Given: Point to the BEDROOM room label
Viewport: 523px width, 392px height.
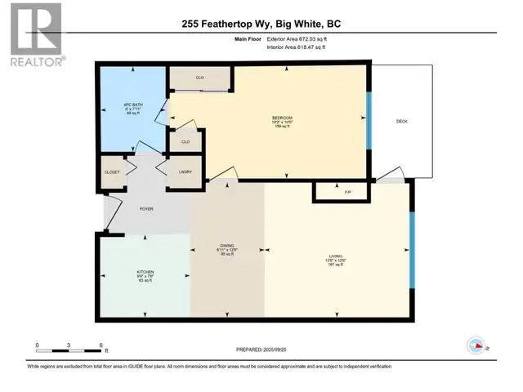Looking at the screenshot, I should tap(282, 118).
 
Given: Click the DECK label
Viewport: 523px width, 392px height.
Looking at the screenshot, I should tap(401, 122).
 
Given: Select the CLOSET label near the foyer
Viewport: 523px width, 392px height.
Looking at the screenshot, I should tap(113, 173).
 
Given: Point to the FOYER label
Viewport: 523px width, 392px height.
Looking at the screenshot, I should tap(146, 210).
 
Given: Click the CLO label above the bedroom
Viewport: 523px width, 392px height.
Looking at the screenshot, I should tap(199, 78).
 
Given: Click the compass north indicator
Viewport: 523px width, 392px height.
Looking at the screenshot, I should tap(475, 346).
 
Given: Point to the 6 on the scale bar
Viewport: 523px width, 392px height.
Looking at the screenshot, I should tap(100, 345).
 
